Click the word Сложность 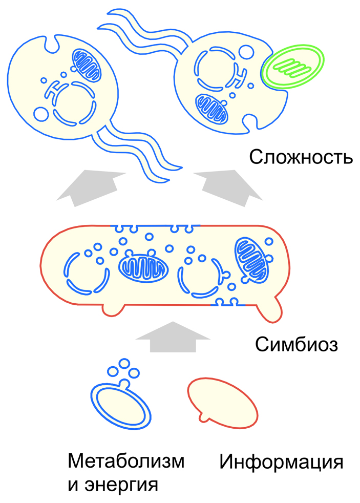pyautogui.click(x=301, y=157)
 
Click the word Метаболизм pyautogui.click(x=125, y=462)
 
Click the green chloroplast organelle pyautogui.click(x=292, y=67)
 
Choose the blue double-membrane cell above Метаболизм pyautogui.click(x=121, y=404)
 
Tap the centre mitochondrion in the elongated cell pyautogui.click(x=143, y=266)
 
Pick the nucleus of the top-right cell pyautogui.click(x=215, y=70)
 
